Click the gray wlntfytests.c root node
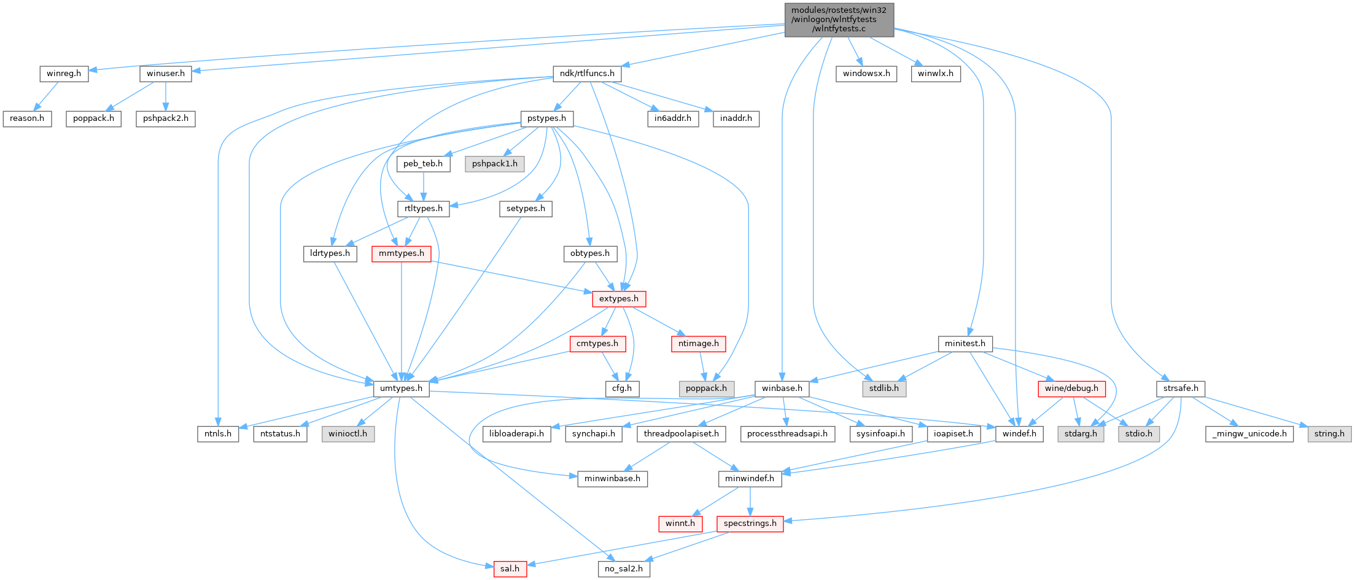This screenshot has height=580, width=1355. (839, 20)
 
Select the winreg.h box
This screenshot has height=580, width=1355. (64, 74)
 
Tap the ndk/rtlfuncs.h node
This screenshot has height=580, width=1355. (587, 74)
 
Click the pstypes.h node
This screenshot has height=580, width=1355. (546, 118)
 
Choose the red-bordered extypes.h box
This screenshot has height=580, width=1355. (618, 299)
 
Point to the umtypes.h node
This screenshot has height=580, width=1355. (401, 389)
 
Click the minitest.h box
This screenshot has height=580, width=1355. (965, 344)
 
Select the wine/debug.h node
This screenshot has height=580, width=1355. (1071, 389)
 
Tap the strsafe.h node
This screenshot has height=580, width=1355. (1180, 389)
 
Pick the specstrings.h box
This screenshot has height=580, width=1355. (750, 524)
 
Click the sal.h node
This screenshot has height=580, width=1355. (510, 569)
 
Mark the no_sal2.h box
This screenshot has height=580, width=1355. (623, 569)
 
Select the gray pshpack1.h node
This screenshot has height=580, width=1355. (494, 164)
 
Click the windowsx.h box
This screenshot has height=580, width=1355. (866, 74)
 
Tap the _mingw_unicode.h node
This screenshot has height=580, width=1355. (1249, 434)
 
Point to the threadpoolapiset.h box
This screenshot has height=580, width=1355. (681, 434)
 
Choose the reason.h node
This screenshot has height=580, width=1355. (27, 118)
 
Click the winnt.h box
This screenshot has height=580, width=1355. (680, 524)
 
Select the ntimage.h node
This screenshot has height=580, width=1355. (698, 344)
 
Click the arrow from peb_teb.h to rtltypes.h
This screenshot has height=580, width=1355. (423, 187)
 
